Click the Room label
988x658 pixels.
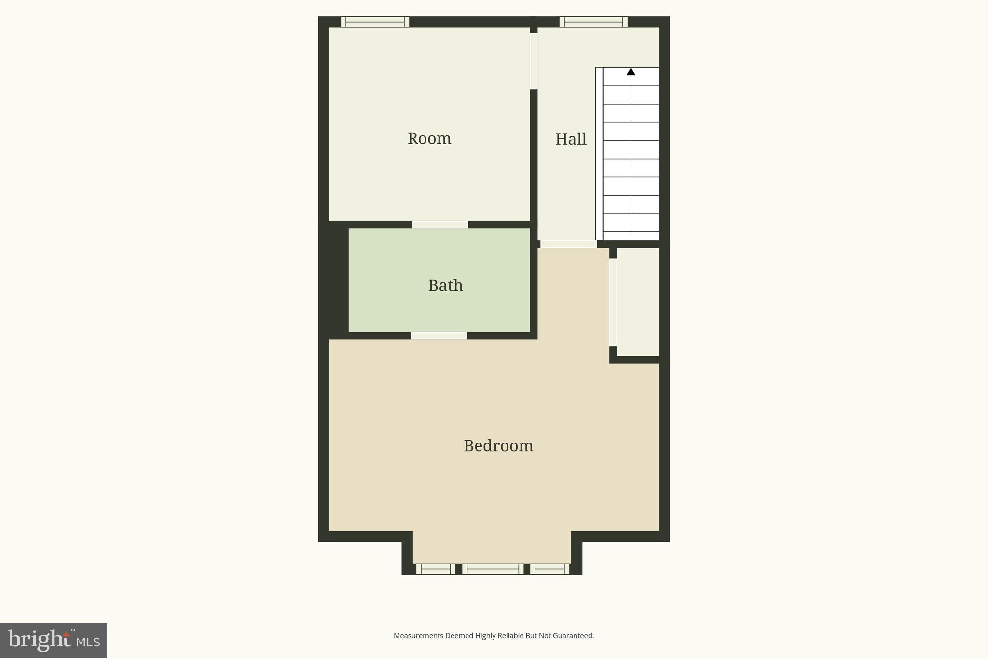tap(429, 139)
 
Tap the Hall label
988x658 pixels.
tap(571, 139)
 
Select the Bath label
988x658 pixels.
tap(445, 285)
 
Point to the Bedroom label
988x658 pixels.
tap(498, 446)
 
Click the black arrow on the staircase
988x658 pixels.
tap(631, 72)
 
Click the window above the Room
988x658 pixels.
tap(375, 22)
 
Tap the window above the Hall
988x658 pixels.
tap(593, 22)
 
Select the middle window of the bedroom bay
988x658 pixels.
tap(493, 569)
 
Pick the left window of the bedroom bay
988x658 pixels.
tap(436, 569)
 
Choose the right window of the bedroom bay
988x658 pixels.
tap(549, 569)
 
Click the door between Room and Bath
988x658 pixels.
tap(439, 225)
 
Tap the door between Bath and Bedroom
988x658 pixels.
tap(439, 336)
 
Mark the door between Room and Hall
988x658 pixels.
tap(534, 61)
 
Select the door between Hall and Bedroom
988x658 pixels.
tap(568, 244)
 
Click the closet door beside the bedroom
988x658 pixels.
tap(613, 302)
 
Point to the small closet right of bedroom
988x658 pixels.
tap(638, 302)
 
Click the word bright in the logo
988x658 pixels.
tap(39, 640)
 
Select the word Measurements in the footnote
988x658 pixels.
tap(418, 636)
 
